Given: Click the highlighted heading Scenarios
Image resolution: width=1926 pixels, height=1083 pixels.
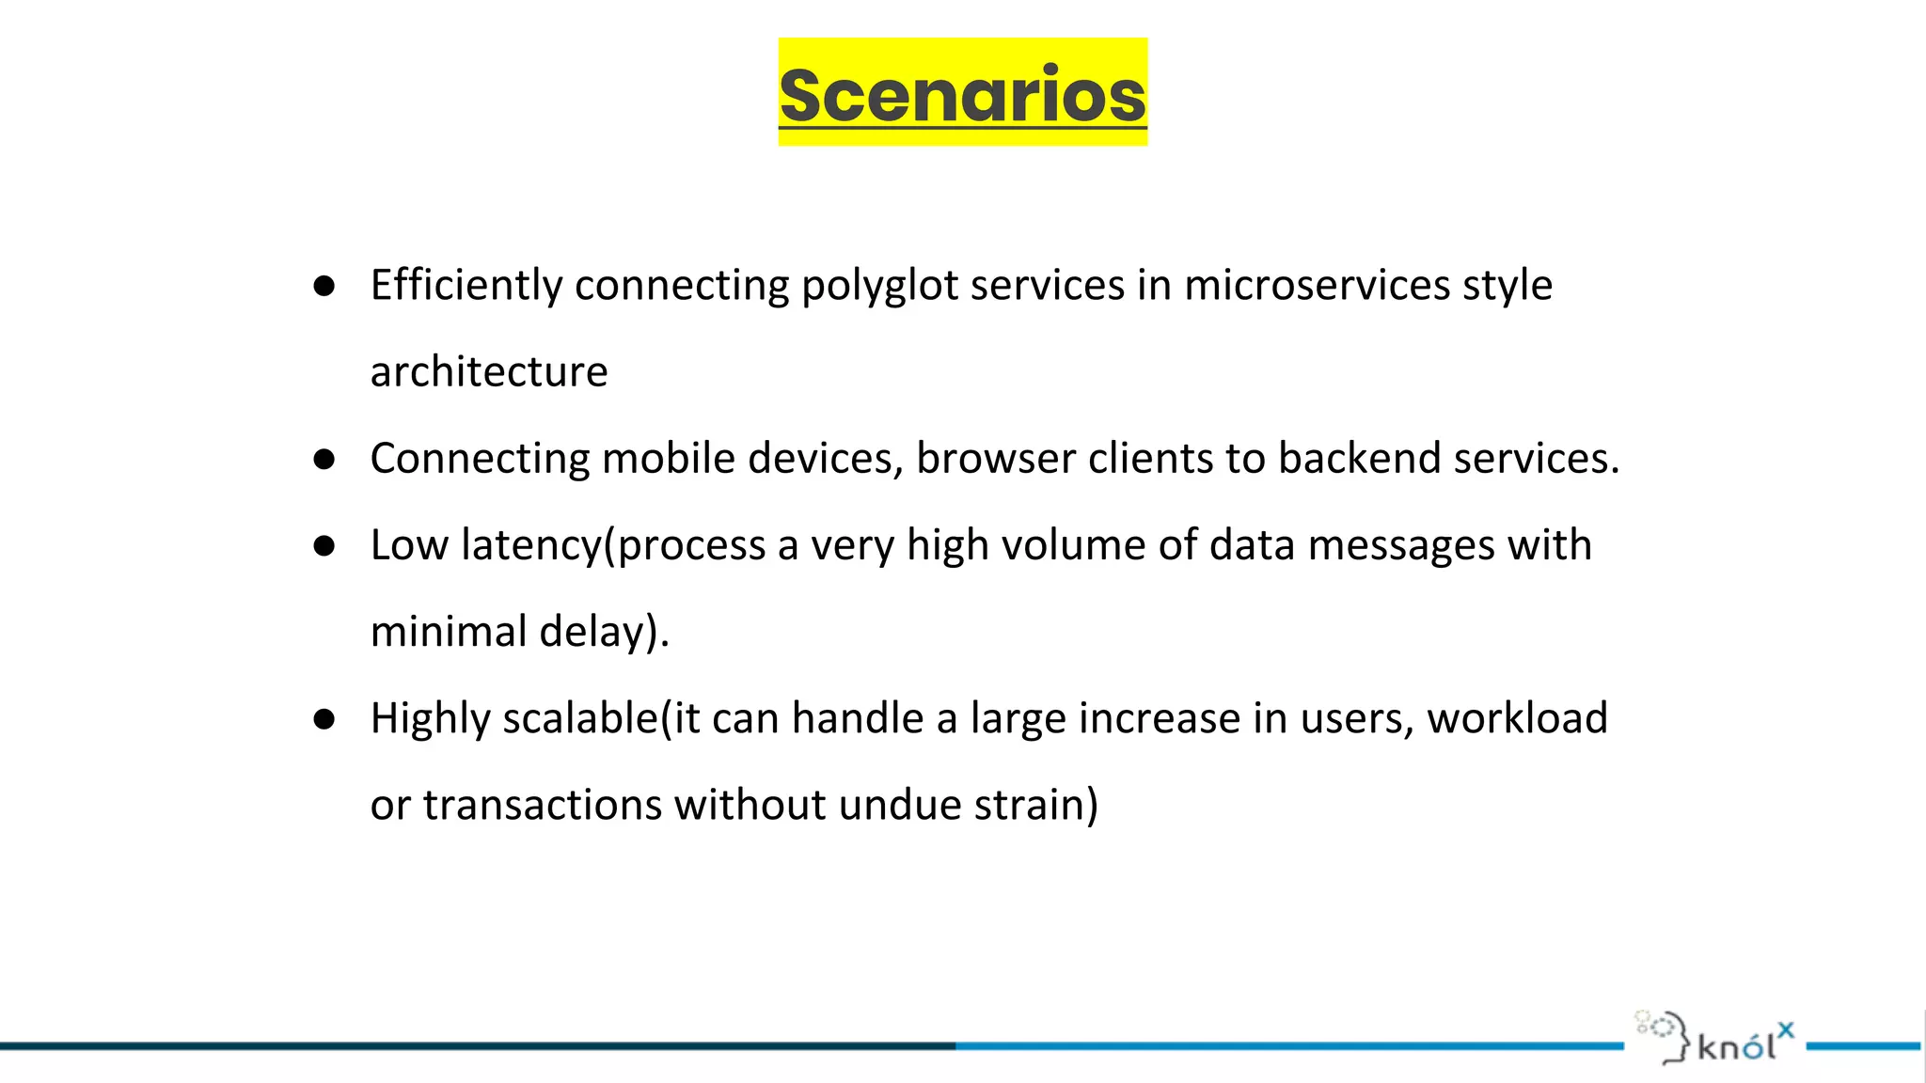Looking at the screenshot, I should (x=962, y=94).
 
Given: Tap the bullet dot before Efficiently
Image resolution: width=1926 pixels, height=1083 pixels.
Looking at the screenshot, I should (x=324, y=286).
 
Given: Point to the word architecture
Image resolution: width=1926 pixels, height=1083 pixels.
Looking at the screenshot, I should (x=489, y=372).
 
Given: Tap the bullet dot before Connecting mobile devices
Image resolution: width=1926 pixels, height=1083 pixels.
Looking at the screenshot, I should (x=324, y=460).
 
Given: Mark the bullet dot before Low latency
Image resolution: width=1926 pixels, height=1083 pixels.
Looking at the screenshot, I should (x=324, y=546).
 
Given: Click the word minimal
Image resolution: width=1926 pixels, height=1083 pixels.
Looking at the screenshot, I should (x=449, y=632).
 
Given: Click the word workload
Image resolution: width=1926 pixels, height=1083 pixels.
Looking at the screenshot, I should (x=1517, y=718).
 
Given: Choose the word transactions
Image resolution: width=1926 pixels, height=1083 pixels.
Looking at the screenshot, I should (x=543, y=806).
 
